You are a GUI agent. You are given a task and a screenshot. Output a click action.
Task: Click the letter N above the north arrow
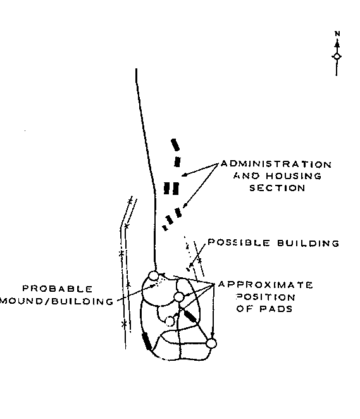coord(337,34)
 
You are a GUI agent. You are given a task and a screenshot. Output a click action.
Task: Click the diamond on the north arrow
coord(337,56)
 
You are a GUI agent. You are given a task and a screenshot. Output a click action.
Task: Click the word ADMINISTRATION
coord(276,164)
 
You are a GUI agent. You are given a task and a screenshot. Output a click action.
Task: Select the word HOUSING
coord(294,176)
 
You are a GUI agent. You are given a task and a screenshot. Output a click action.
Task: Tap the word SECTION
coord(277,188)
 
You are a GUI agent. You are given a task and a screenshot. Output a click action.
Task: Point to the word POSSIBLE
coord(239,242)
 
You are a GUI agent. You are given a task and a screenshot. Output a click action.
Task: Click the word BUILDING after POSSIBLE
coord(308,243)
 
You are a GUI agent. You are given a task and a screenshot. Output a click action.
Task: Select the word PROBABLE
coord(58,289)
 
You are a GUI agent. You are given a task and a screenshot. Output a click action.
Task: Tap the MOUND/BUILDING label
coord(57,301)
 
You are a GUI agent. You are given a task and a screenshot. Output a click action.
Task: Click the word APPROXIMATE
coord(266,285)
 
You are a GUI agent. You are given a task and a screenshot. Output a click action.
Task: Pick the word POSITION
coord(266,297)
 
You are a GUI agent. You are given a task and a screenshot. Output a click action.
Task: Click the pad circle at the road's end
coord(154,275)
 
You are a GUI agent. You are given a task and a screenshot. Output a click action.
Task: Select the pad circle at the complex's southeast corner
coord(211,344)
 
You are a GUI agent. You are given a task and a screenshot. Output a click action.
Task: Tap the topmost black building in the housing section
coord(175,144)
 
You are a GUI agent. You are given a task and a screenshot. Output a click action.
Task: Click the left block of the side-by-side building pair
coord(167,188)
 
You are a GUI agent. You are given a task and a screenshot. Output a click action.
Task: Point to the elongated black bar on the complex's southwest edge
coord(147,341)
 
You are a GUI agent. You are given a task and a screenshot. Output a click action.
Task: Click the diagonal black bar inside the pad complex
coord(190,316)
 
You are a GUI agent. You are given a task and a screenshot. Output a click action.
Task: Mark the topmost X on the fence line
coord(130,201)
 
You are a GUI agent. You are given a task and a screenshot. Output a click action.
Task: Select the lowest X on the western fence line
coord(124,324)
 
